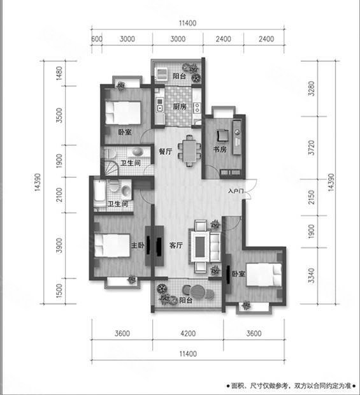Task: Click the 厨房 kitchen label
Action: click(180, 106)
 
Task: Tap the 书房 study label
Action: click(220, 149)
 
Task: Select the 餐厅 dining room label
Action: click(166, 152)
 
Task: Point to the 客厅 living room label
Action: click(176, 245)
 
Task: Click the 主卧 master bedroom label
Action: click(138, 245)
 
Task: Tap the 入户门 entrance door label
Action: click(236, 191)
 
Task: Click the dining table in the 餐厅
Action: click(189, 150)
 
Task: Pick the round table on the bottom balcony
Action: click(198, 292)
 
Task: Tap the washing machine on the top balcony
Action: click(161, 74)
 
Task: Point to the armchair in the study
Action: click(223, 135)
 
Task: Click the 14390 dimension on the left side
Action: click(38, 182)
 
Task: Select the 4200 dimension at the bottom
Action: click(188, 334)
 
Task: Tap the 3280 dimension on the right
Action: click(312, 89)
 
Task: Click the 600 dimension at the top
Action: click(97, 39)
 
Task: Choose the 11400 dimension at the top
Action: click(188, 23)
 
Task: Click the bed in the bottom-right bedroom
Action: click(264, 275)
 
